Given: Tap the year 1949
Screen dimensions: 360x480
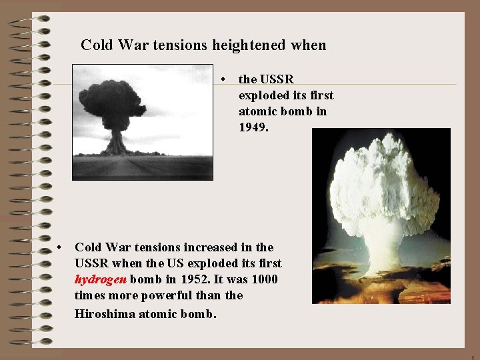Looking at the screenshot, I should point(253,127).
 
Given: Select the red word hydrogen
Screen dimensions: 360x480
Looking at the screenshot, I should point(99,279).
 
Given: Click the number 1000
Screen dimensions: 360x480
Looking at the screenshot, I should point(262,279).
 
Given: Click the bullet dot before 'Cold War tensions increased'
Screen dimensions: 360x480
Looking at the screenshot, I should point(61,247).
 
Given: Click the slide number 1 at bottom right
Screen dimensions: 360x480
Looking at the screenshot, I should point(473,356).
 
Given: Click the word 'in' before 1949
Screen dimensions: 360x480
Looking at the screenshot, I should point(321,111).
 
